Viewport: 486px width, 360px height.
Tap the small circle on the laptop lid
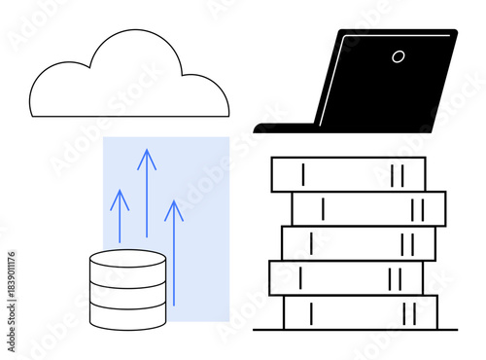(399, 55)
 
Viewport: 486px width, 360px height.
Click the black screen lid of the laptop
(389, 83)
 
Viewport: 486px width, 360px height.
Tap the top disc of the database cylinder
(127, 260)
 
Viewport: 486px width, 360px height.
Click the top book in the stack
(348, 174)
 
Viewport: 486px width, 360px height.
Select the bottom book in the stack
(360, 312)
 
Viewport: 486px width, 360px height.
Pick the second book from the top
(368, 208)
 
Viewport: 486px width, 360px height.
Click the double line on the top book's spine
(396, 175)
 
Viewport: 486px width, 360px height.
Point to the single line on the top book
(303, 175)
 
